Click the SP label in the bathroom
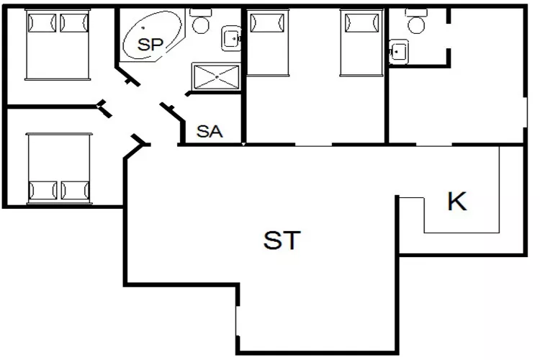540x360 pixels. pyautogui.click(x=151, y=44)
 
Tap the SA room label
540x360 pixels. pyautogui.click(x=210, y=132)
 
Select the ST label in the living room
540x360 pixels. pyautogui.click(x=282, y=240)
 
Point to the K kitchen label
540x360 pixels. pyautogui.click(x=456, y=202)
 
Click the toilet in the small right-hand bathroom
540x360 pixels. pyautogui.click(x=415, y=22)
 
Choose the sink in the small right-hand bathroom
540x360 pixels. pyautogui.click(x=398, y=50)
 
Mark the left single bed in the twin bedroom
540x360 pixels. pyautogui.click(x=268, y=42)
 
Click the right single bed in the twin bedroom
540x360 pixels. pyautogui.click(x=361, y=42)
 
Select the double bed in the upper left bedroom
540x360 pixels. pyautogui.click(x=58, y=45)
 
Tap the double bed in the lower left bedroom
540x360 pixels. pyautogui.click(x=59, y=168)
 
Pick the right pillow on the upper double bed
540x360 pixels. pyautogui.click(x=74, y=23)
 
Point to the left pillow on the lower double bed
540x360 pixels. pyautogui.click(x=42, y=191)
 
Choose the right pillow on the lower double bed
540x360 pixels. pyautogui.click(x=75, y=191)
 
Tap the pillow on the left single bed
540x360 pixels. pyautogui.click(x=268, y=23)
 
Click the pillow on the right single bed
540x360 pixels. pyautogui.click(x=361, y=23)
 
